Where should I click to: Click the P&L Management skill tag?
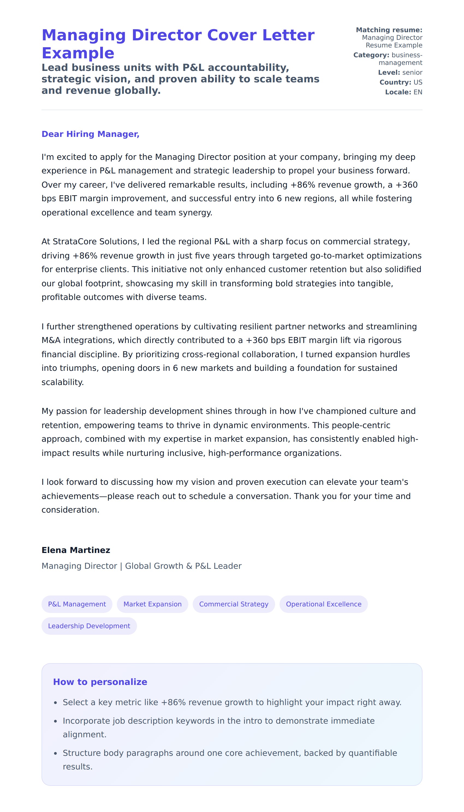77,604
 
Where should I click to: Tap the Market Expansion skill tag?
152,604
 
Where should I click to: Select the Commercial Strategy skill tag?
234,604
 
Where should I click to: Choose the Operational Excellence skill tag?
323,604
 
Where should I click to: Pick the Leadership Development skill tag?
89,626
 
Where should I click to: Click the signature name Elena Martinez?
76,550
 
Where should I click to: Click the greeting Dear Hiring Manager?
91,134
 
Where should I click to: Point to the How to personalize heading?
100,682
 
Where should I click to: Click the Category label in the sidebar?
371,55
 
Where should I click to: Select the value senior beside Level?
412,73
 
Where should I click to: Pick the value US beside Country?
418,82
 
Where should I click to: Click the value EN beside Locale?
418,92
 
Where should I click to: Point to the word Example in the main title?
78,53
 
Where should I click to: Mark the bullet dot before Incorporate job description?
56,721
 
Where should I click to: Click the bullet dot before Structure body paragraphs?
56,753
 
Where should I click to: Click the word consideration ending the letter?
70,510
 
